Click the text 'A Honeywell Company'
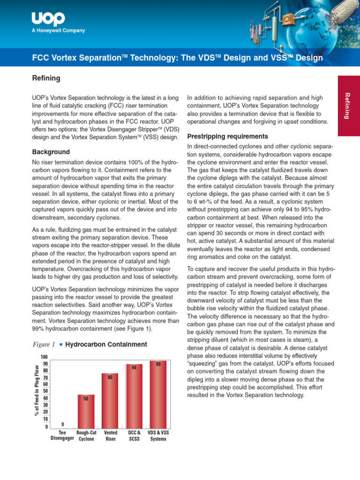point(58,31)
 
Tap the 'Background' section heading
point(51,152)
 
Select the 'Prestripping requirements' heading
point(227,137)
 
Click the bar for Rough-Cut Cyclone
point(86,411)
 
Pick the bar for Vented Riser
point(110,399)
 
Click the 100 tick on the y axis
point(44,358)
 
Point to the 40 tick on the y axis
point(45,398)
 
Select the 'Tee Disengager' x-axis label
point(62,436)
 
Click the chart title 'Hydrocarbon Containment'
point(106,345)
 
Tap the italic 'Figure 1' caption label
point(44,345)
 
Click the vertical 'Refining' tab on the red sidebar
point(347,105)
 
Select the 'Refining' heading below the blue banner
point(46,78)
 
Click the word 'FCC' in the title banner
point(40,58)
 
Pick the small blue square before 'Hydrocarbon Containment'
point(61,345)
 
